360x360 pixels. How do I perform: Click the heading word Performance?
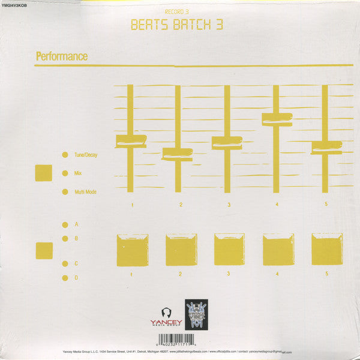(62, 56)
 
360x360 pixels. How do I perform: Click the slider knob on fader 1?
(131, 142)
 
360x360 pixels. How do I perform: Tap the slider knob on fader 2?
(178, 154)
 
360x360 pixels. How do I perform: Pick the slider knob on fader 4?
(277, 119)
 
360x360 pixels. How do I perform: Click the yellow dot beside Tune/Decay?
(65, 155)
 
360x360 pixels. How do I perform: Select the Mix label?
(78, 173)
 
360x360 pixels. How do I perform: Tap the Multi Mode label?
(85, 192)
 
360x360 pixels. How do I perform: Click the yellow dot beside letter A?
(65, 224)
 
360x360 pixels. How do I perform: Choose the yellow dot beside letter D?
(65, 278)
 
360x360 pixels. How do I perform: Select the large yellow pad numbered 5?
(327, 249)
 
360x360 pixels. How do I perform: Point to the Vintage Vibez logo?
(196, 313)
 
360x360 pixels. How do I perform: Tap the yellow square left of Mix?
(44, 173)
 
